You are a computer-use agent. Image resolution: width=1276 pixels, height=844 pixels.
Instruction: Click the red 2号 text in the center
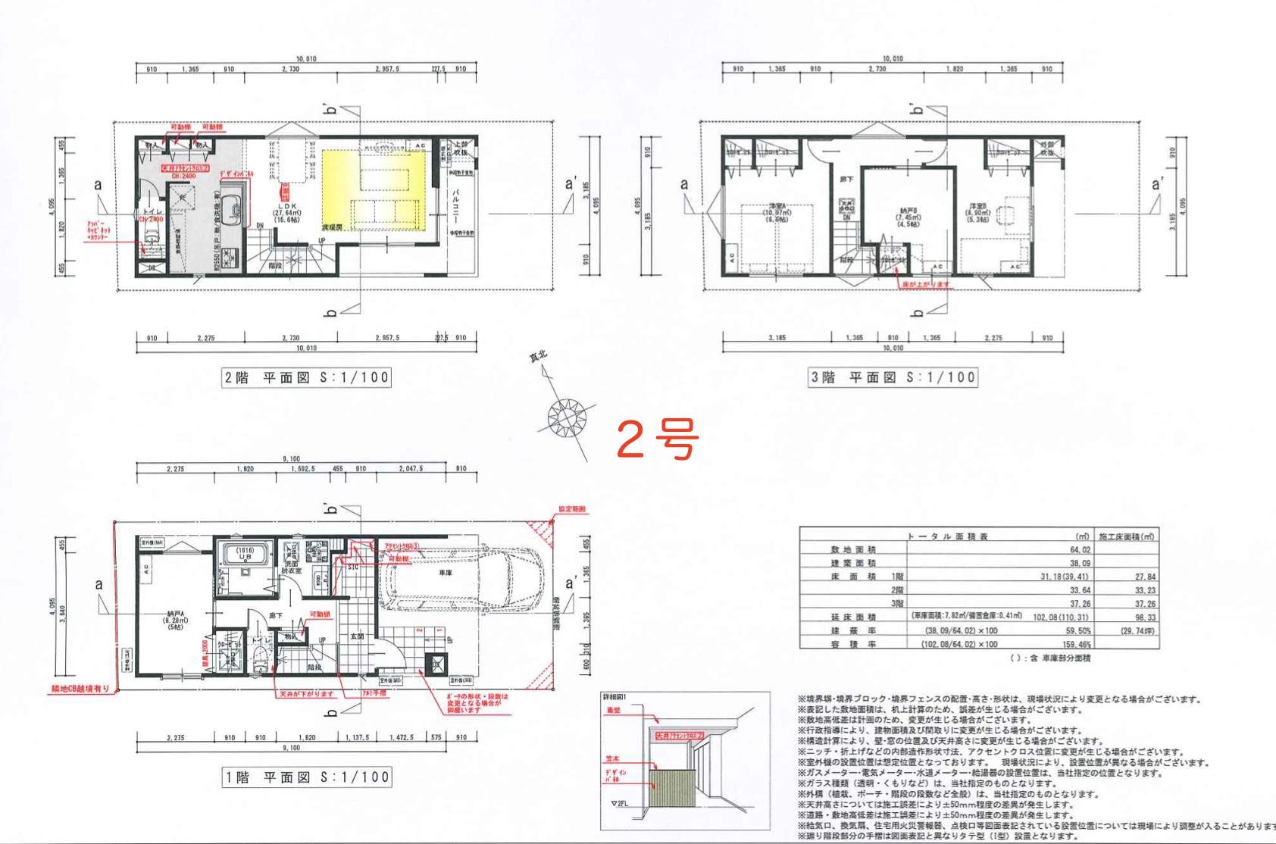656,438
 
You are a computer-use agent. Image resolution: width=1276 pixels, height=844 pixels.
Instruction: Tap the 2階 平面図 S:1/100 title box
306,377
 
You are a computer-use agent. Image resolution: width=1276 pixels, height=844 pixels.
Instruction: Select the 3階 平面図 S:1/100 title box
893,377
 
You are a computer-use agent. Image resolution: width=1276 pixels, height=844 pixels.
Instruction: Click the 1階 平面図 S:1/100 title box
307,777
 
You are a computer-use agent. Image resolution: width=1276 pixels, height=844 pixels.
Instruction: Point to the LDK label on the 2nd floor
287,206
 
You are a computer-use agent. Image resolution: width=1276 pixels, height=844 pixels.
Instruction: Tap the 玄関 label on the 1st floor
357,636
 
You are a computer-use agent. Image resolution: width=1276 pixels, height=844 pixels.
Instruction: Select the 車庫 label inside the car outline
445,574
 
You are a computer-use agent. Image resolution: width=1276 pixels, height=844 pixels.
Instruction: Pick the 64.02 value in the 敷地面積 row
1080,550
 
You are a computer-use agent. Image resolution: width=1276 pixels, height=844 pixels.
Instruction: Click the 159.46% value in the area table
1076,645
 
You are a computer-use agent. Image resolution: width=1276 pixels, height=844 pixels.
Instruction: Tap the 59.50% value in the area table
1078,630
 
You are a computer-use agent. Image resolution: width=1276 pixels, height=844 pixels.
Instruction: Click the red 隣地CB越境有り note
80,689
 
